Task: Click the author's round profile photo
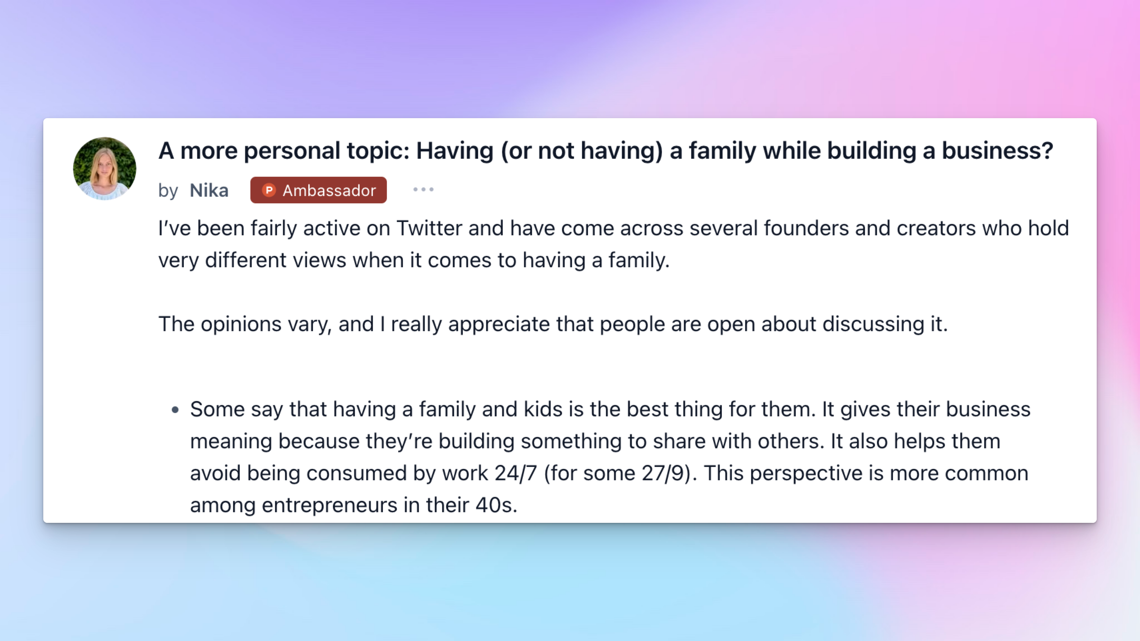105,168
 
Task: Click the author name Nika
209,191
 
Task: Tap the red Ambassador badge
318,190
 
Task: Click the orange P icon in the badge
269,190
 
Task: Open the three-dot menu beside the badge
424,190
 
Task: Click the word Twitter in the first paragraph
429,228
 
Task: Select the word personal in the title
292,151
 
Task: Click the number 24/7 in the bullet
516,473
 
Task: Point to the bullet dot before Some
175,410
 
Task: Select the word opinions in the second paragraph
241,324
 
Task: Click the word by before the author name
168,191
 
